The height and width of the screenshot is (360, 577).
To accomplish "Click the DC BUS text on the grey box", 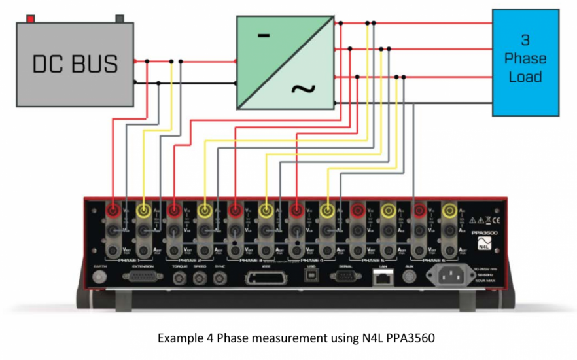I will coord(75,63).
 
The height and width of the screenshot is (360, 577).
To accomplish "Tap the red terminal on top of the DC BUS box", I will coord(29,18).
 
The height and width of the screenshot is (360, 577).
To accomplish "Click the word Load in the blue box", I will coord(525,77).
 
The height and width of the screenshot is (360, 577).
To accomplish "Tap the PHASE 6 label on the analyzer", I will coord(434,260).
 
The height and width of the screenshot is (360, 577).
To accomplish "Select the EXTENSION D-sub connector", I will coord(143,278).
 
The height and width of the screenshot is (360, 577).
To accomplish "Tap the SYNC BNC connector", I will coord(218,279).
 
